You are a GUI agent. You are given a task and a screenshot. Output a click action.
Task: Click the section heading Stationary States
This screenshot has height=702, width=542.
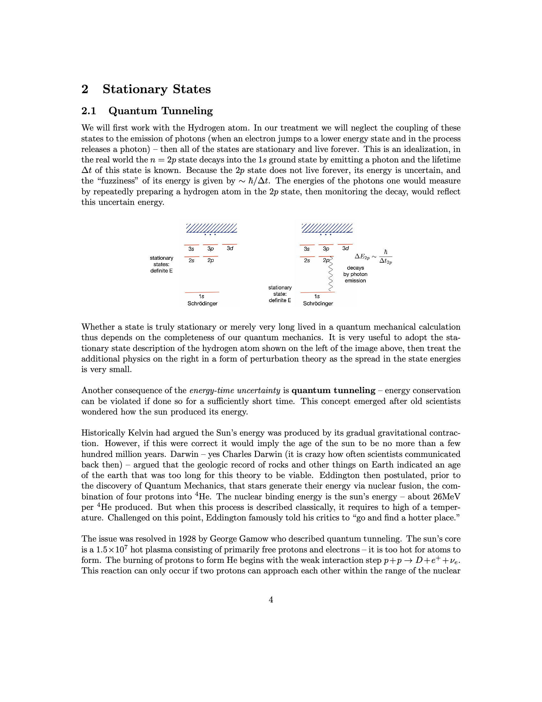156,89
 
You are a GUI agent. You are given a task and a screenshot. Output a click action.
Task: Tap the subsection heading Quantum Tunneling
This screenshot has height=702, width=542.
161,111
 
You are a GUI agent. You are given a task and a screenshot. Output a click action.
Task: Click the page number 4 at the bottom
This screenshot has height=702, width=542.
271,600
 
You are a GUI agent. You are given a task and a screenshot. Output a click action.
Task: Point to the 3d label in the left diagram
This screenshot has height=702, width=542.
230,248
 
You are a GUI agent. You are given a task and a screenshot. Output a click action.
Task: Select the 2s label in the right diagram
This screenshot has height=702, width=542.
307,260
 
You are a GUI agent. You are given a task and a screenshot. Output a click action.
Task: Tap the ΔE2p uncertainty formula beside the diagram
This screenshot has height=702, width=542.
373,257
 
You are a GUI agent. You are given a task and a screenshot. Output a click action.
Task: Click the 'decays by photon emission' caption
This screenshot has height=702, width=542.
355,274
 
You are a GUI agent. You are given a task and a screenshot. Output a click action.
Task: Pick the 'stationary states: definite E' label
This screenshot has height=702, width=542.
162,264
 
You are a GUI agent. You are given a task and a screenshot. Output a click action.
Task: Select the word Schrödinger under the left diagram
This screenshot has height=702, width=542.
202,303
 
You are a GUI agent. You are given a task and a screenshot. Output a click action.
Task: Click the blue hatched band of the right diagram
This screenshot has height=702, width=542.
327,228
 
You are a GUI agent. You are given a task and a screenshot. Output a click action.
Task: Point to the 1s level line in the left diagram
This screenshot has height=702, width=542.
202,292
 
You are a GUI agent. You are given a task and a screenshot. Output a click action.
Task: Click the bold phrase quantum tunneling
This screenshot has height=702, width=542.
333,390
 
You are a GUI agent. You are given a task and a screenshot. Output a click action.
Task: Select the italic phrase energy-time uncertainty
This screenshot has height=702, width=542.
235,390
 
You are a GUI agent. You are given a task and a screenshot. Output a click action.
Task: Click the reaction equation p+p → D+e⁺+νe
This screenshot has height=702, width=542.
422,560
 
